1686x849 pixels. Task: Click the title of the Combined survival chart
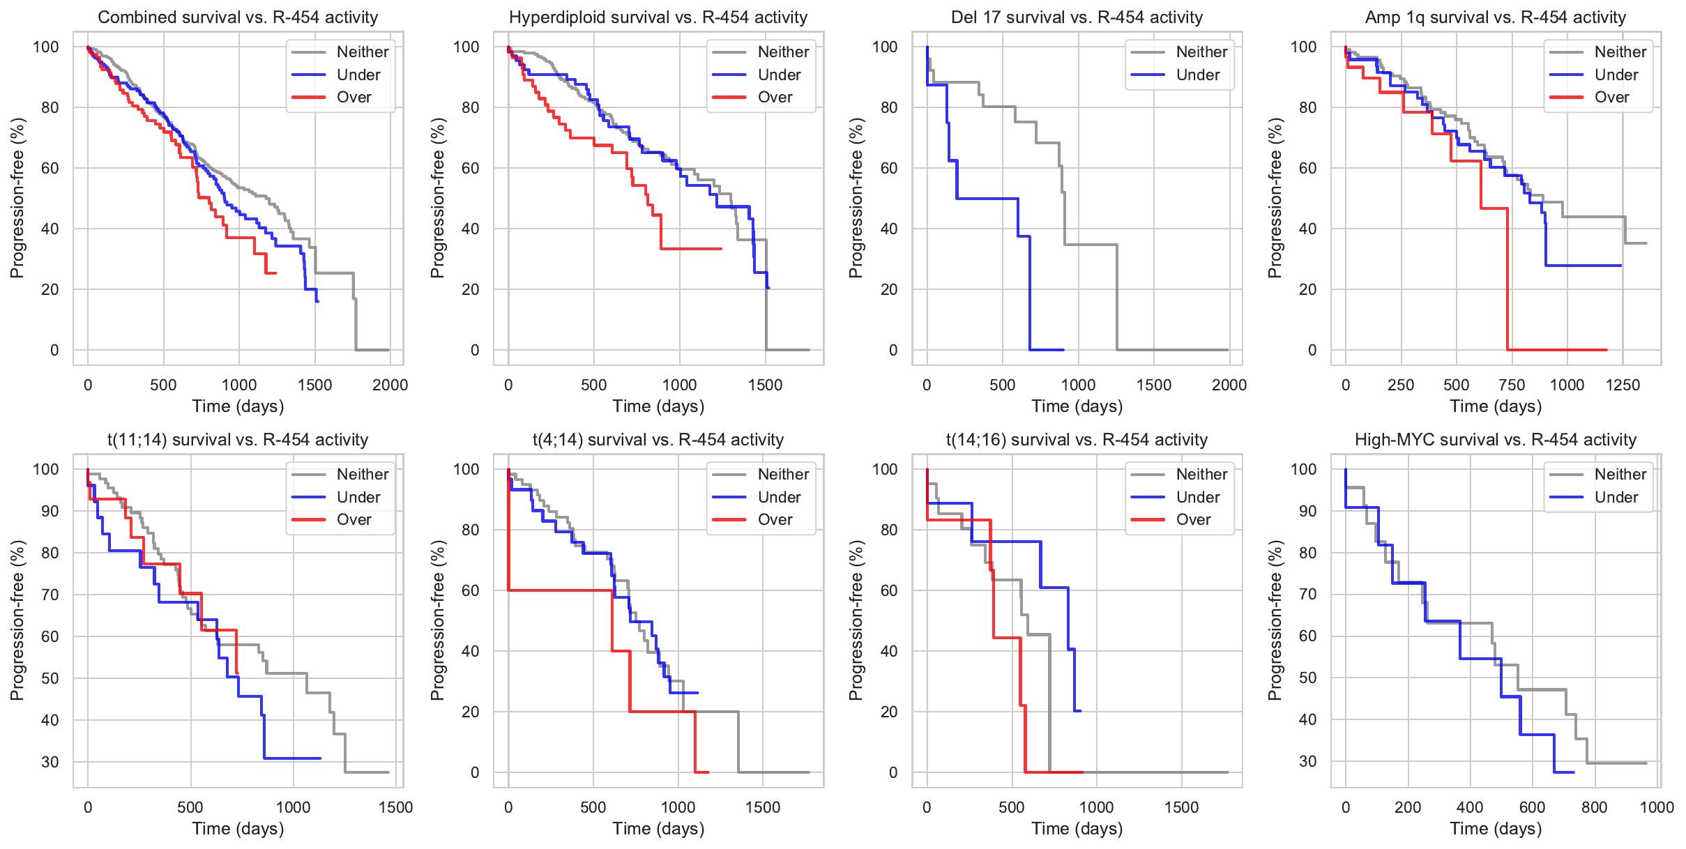(238, 17)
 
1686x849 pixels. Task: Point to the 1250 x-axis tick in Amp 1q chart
(1623, 385)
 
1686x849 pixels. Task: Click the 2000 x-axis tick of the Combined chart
(390, 385)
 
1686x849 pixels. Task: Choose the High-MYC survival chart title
(1495, 440)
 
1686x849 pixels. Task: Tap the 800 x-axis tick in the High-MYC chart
(1594, 807)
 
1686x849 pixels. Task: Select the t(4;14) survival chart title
(658, 440)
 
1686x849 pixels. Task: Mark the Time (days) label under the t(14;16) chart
(1077, 829)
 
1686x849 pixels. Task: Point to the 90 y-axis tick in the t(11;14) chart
(50, 511)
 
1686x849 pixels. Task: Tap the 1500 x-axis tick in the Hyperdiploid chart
(765, 385)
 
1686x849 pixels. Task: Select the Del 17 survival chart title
(1077, 17)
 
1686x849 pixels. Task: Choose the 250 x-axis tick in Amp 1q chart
(1401, 385)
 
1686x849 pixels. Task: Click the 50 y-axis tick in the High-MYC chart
(1307, 678)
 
